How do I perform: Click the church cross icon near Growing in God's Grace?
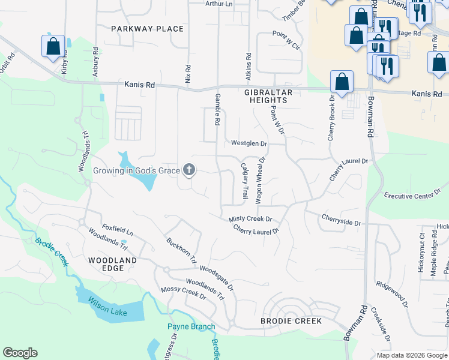pos(190,170)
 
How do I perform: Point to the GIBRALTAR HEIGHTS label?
pos(266,96)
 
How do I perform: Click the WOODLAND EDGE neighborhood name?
pos(112,264)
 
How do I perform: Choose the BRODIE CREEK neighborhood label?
pos(291,321)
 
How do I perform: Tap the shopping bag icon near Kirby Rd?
pos(53,46)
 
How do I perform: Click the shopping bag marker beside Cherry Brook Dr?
pos(342,83)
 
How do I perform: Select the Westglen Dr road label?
pos(249,144)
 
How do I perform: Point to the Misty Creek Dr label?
pos(250,220)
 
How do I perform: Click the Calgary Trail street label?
pos(245,181)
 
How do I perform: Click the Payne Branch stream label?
pos(191,327)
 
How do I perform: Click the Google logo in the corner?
pos(20,353)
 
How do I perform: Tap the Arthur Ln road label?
pos(219,4)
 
